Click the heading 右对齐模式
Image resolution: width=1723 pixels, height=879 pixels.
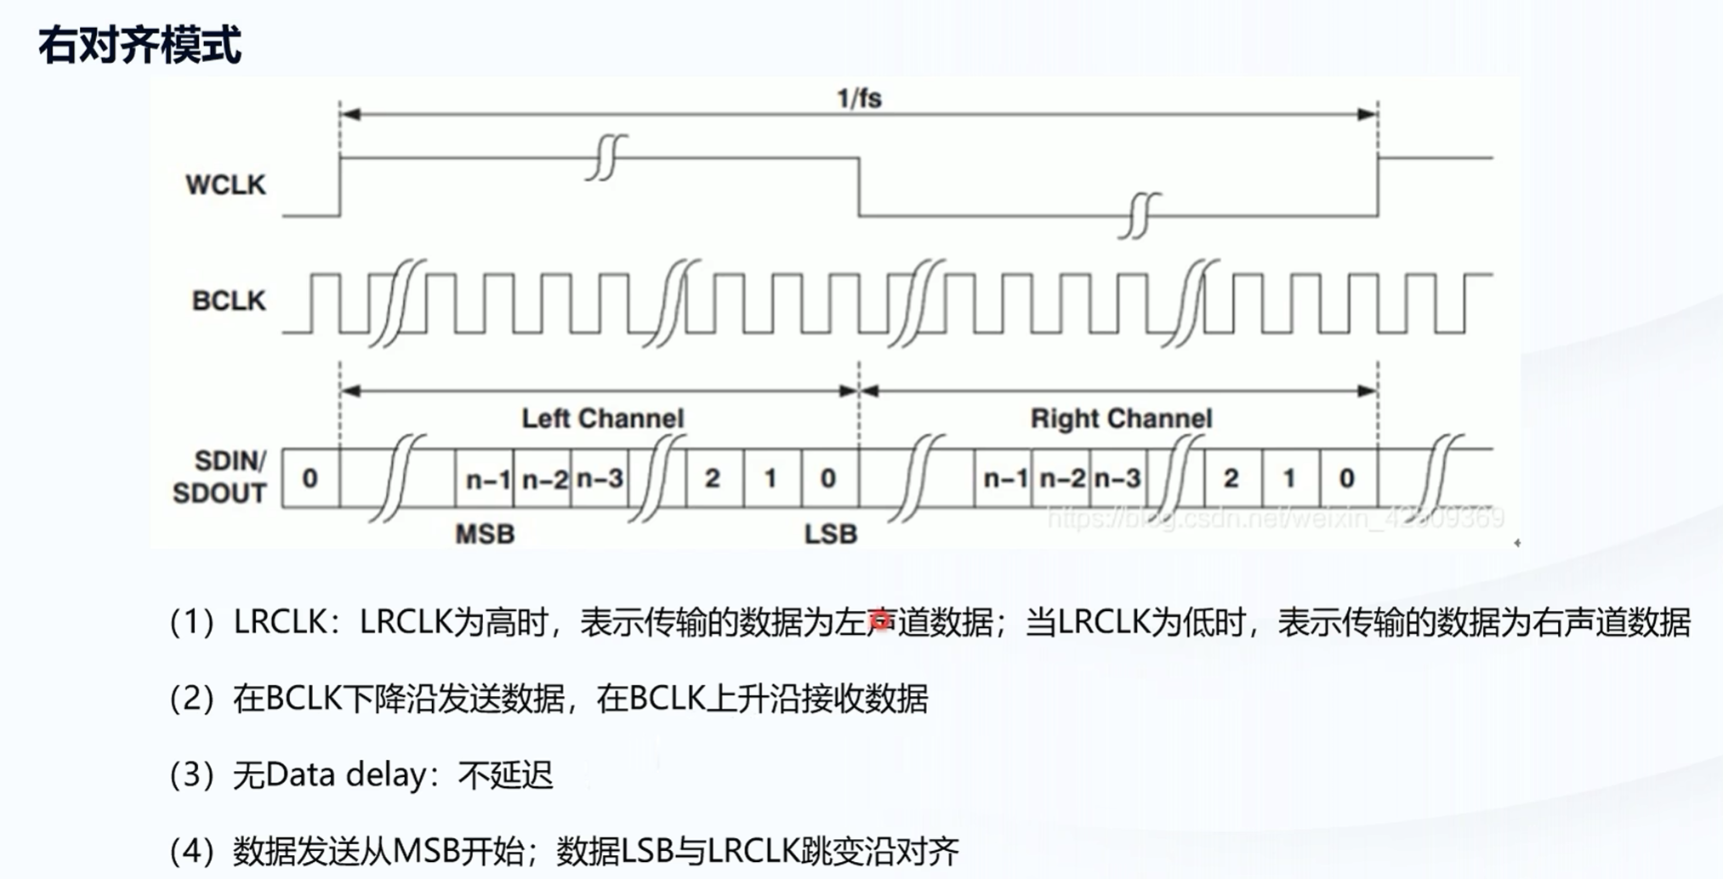click(x=139, y=44)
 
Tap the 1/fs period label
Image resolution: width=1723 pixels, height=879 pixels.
click(x=859, y=99)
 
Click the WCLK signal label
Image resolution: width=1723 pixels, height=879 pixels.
click(x=225, y=185)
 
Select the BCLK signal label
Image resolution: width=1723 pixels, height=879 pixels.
click(x=229, y=300)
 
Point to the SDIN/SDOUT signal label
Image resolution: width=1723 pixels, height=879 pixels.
click(x=220, y=477)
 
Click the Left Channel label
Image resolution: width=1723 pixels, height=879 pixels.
click(x=602, y=419)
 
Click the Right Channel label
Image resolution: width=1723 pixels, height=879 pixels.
click(x=1121, y=419)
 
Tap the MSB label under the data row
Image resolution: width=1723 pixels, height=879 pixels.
click(x=485, y=534)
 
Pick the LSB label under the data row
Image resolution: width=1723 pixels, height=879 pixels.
click(x=830, y=534)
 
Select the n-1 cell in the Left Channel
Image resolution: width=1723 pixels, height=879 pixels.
click(x=486, y=479)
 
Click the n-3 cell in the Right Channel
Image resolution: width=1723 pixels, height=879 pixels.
click(x=1117, y=479)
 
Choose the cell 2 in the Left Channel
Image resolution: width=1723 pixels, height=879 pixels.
click(x=713, y=479)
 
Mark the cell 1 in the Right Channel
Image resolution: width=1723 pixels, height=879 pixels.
click(x=1289, y=479)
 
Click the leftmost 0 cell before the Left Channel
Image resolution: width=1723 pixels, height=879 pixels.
click(x=310, y=479)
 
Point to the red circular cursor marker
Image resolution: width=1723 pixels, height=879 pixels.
click(x=881, y=621)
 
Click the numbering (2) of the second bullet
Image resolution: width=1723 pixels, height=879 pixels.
click(x=191, y=699)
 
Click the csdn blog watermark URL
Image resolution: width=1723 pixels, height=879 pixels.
click(x=1275, y=517)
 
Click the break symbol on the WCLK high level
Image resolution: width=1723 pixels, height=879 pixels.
click(x=606, y=157)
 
